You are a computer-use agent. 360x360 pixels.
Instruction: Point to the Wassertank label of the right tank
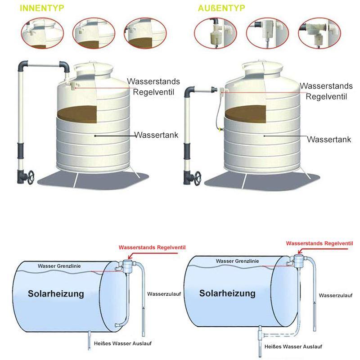click(329, 139)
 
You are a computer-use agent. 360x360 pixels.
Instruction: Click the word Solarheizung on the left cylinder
click(56, 294)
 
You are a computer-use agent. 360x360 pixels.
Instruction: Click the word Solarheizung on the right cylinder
click(227, 293)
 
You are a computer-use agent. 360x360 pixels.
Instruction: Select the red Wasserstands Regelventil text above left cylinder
click(152, 247)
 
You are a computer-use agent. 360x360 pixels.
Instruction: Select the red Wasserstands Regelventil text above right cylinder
click(319, 243)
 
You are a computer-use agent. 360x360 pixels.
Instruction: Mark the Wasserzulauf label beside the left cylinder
click(164, 294)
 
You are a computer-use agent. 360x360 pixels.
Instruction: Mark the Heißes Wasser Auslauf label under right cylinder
click(293, 347)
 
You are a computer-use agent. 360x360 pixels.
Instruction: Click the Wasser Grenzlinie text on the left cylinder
click(59, 266)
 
